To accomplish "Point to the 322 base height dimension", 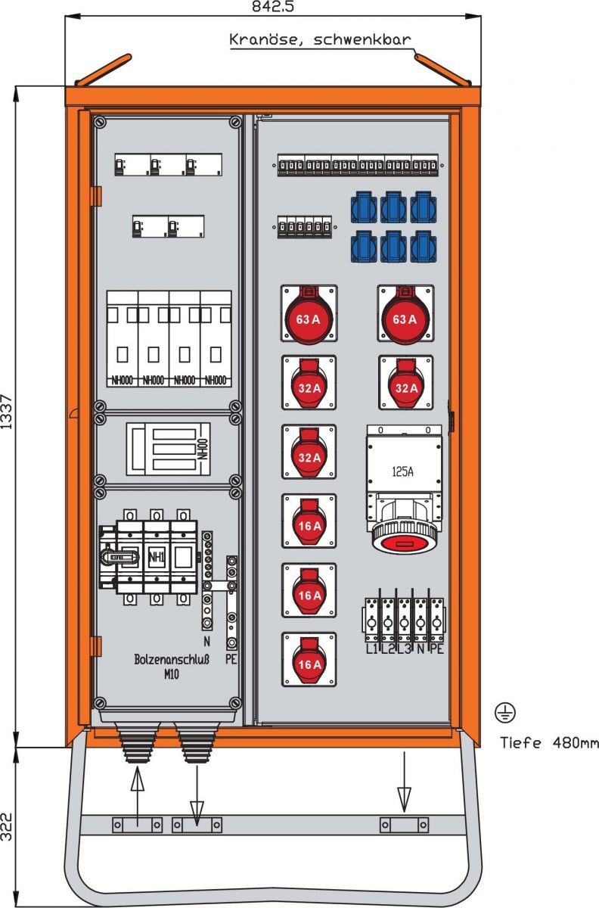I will click(x=7, y=826).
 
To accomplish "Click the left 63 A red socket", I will click(x=309, y=319).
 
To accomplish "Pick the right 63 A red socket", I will click(x=405, y=319).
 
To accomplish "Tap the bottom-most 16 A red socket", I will click(x=309, y=664).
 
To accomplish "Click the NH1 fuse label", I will click(x=157, y=556).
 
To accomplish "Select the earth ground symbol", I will click(x=505, y=711).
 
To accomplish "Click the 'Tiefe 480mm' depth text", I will click(x=549, y=743).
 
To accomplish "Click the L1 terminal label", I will click(x=372, y=648).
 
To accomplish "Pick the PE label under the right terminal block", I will click(x=436, y=648).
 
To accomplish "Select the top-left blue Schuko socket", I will click(x=365, y=206).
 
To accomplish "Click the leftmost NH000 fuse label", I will click(x=122, y=380).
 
